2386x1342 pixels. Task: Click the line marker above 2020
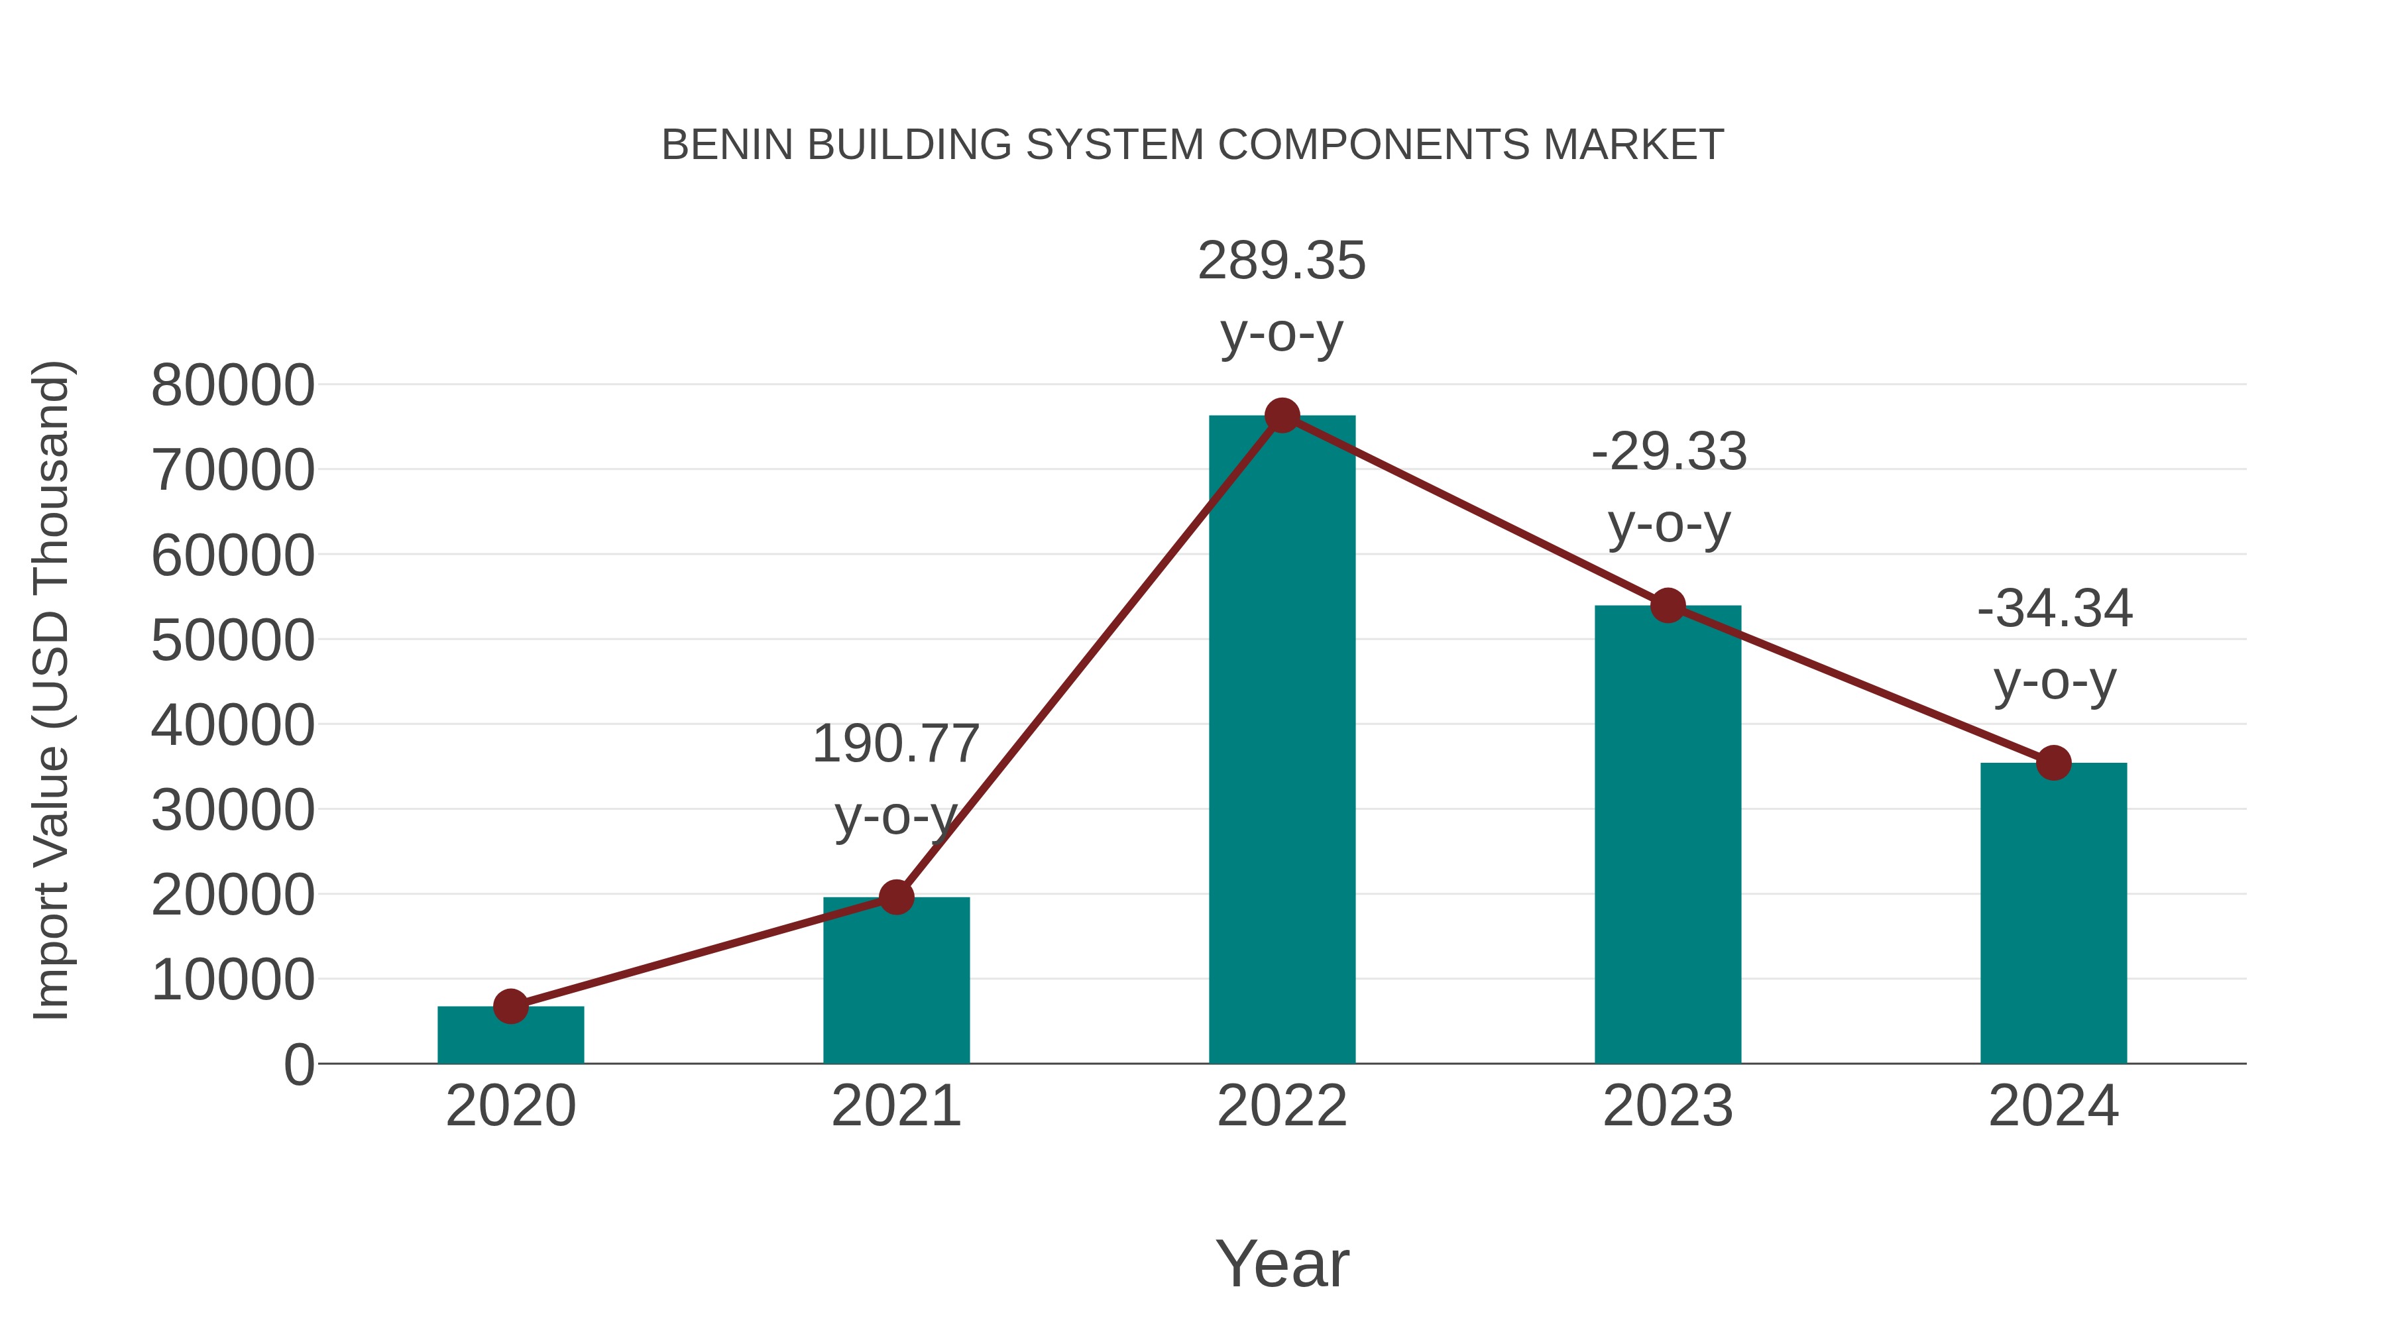[x=510, y=1006]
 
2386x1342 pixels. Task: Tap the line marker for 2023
[x=1668, y=606]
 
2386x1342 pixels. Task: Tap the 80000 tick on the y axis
[x=233, y=385]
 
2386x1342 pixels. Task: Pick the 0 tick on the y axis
[x=299, y=1065]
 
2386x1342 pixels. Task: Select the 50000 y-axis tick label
[x=233, y=640]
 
